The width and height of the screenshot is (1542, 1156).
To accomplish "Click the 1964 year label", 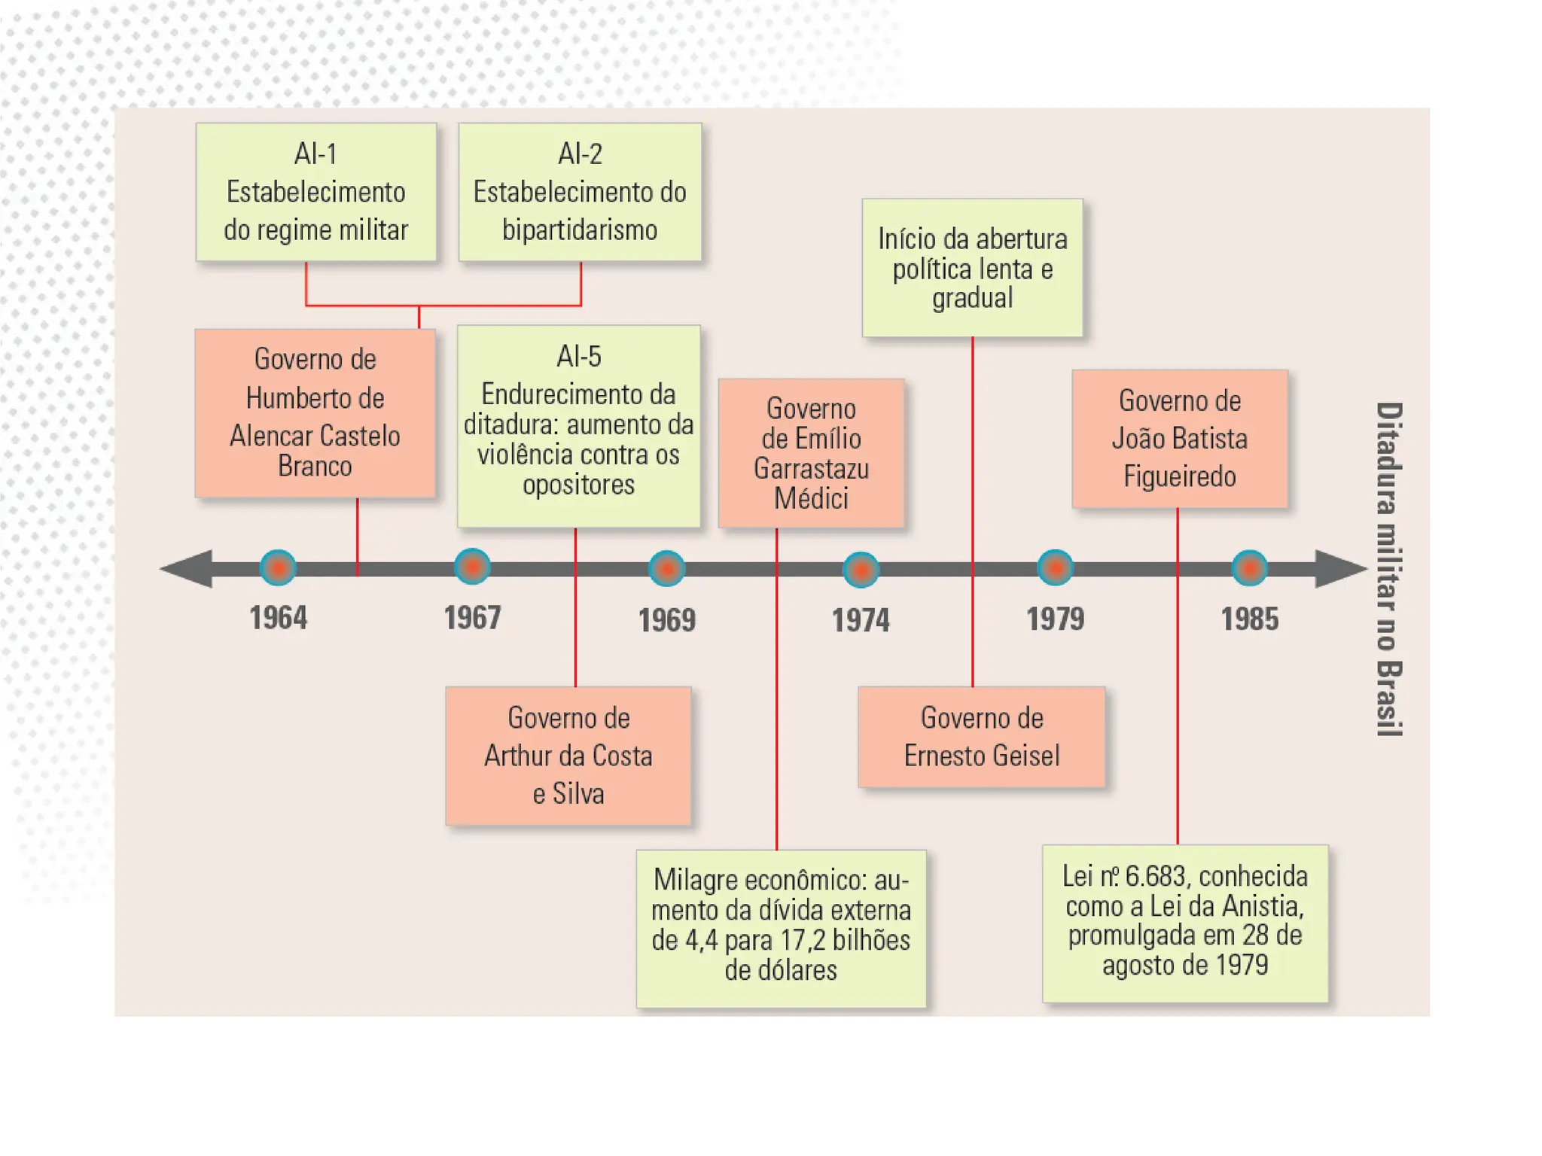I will point(278,618).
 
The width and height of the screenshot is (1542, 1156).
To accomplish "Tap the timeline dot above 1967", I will point(472,567).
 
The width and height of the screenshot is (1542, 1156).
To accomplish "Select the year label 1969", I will point(666,620).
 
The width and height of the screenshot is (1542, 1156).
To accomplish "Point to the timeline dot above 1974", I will point(861,570).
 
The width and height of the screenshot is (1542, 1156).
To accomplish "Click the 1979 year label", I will point(1055,619).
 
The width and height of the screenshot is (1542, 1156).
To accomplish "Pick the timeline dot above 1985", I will point(1249,568).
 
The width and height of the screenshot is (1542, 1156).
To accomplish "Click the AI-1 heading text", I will point(315,154).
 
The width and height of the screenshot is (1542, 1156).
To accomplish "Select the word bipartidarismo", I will point(580,230).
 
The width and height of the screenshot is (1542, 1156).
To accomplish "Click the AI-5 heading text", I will point(578,356).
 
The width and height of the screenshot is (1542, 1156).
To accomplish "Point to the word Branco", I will point(315,467).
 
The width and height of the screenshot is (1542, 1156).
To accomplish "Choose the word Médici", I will point(811,498).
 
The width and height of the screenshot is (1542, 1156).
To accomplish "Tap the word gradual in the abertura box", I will point(972,298).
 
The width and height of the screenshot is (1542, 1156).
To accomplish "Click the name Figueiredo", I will point(1179,476).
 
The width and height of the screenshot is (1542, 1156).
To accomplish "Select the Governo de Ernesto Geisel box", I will point(981,737).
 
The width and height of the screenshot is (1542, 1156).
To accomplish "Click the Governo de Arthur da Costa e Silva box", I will point(568,756).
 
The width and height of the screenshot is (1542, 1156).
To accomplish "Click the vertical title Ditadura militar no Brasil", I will point(1388,569).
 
